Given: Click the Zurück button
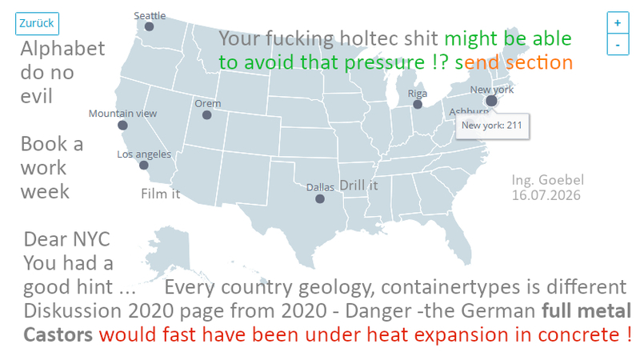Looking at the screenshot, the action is click(37, 24).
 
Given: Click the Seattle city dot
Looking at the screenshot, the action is click(149, 26).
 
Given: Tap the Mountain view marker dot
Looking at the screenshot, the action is click(122, 126).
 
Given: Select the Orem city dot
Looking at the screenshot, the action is click(207, 115).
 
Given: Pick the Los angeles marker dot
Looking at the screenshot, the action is click(144, 166).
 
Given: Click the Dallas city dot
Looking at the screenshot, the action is click(320, 198).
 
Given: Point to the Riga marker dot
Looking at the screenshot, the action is click(417, 105).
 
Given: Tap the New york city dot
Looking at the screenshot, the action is click(491, 101).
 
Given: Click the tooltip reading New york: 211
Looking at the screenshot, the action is click(492, 126).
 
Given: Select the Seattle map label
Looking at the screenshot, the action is click(150, 16).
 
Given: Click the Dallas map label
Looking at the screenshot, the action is click(321, 187).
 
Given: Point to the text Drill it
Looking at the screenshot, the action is click(358, 186).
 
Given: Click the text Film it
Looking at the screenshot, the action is click(161, 194).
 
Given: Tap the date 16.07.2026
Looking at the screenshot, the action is click(546, 195).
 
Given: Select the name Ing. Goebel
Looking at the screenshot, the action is click(548, 179).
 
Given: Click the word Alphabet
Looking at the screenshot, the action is click(63, 49).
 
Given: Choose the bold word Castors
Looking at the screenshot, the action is click(58, 334).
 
